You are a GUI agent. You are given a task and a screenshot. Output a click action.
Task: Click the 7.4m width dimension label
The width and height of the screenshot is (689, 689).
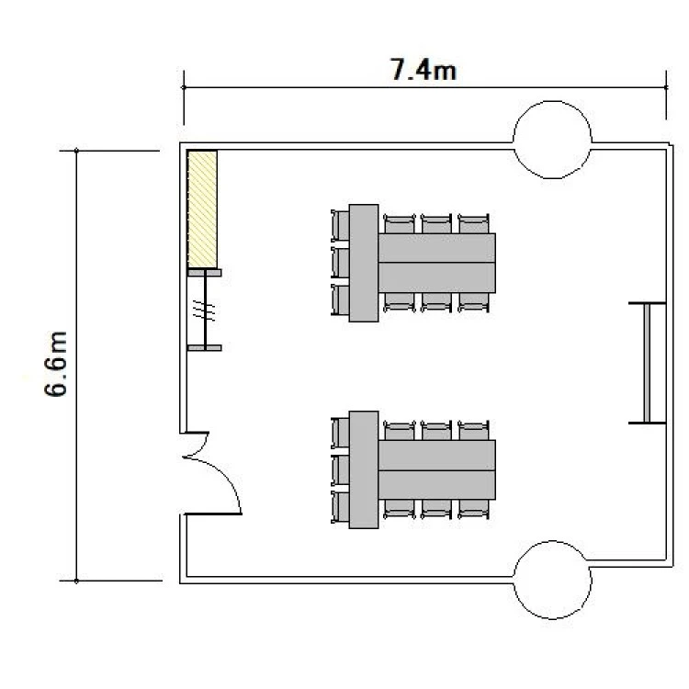424,71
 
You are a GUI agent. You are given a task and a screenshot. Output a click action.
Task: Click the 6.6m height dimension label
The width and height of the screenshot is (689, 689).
57,364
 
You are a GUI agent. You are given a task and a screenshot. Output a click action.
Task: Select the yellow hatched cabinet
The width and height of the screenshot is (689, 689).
202,209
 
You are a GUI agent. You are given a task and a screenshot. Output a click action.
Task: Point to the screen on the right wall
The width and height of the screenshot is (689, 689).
648,363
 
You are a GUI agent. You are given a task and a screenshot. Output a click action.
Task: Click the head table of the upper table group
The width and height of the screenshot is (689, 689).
364,263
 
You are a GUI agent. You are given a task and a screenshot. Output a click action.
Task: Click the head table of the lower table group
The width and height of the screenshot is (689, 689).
364,469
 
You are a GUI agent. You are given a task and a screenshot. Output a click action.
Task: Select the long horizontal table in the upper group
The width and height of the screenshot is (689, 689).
436,263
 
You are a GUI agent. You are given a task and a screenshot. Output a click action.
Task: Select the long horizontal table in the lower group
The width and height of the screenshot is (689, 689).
436,469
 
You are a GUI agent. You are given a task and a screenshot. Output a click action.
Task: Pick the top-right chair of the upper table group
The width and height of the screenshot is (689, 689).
473,223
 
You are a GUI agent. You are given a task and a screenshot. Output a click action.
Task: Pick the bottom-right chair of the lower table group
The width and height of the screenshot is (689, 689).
473,509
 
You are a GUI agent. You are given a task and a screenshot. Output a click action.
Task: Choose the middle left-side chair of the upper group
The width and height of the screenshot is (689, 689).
340,263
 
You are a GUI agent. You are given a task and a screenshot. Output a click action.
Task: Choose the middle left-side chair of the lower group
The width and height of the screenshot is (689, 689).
340,469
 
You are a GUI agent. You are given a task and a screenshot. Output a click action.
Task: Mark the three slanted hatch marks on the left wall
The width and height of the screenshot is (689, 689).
204,311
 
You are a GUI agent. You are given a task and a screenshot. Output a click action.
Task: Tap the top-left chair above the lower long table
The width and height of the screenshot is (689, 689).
399,430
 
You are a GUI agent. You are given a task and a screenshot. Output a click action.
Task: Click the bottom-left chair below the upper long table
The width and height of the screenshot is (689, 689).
399,302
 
